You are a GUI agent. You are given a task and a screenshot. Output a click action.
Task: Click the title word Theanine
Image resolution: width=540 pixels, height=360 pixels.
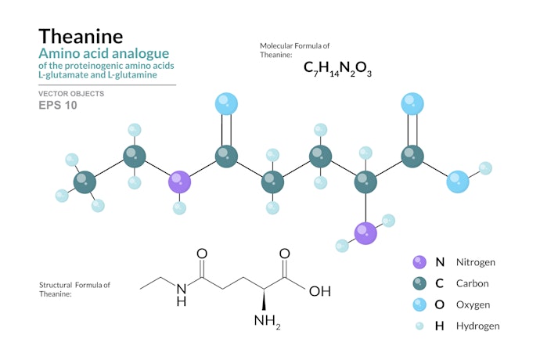[x=81, y=36]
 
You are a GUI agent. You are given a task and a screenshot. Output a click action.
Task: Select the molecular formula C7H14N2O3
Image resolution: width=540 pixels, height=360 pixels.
[x=337, y=69]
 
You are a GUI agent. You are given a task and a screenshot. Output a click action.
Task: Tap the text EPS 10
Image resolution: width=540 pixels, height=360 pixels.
[x=57, y=105]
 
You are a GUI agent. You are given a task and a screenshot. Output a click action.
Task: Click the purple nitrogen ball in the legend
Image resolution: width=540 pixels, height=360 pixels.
[x=419, y=262]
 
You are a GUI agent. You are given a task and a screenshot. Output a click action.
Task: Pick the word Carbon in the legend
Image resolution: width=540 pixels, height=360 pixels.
[x=472, y=283]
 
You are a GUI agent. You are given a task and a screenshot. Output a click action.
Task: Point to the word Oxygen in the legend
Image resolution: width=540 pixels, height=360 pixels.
[x=473, y=305]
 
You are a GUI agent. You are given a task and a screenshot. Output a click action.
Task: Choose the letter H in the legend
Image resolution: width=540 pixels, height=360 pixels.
[x=439, y=326]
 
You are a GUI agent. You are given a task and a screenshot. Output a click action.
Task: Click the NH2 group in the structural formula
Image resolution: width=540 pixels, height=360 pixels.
[x=267, y=322]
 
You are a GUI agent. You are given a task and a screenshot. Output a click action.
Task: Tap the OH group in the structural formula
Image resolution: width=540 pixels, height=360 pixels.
[x=320, y=291]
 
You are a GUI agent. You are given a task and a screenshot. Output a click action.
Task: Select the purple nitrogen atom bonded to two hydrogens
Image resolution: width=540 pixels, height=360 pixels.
[x=365, y=233]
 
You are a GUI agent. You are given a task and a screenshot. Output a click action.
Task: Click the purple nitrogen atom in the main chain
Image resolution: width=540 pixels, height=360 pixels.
[x=179, y=182]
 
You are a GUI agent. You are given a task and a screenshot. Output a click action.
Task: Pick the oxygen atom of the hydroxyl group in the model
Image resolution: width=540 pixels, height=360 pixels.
[x=458, y=182]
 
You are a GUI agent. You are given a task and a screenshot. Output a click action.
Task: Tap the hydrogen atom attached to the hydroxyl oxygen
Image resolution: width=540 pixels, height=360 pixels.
[x=485, y=168]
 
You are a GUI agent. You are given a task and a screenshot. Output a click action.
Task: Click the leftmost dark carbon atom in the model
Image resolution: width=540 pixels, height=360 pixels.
[x=85, y=182]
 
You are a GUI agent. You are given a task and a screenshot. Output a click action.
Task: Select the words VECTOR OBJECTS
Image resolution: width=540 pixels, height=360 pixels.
[x=71, y=94]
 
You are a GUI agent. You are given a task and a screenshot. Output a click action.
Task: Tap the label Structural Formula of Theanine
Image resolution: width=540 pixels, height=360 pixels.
[x=74, y=290]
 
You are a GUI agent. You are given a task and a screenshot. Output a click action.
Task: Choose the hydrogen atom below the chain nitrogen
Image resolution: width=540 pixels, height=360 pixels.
[x=179, y=208]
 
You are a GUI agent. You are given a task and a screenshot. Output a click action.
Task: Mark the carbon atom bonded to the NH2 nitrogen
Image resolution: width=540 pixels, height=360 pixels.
[x=365, y=182]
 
